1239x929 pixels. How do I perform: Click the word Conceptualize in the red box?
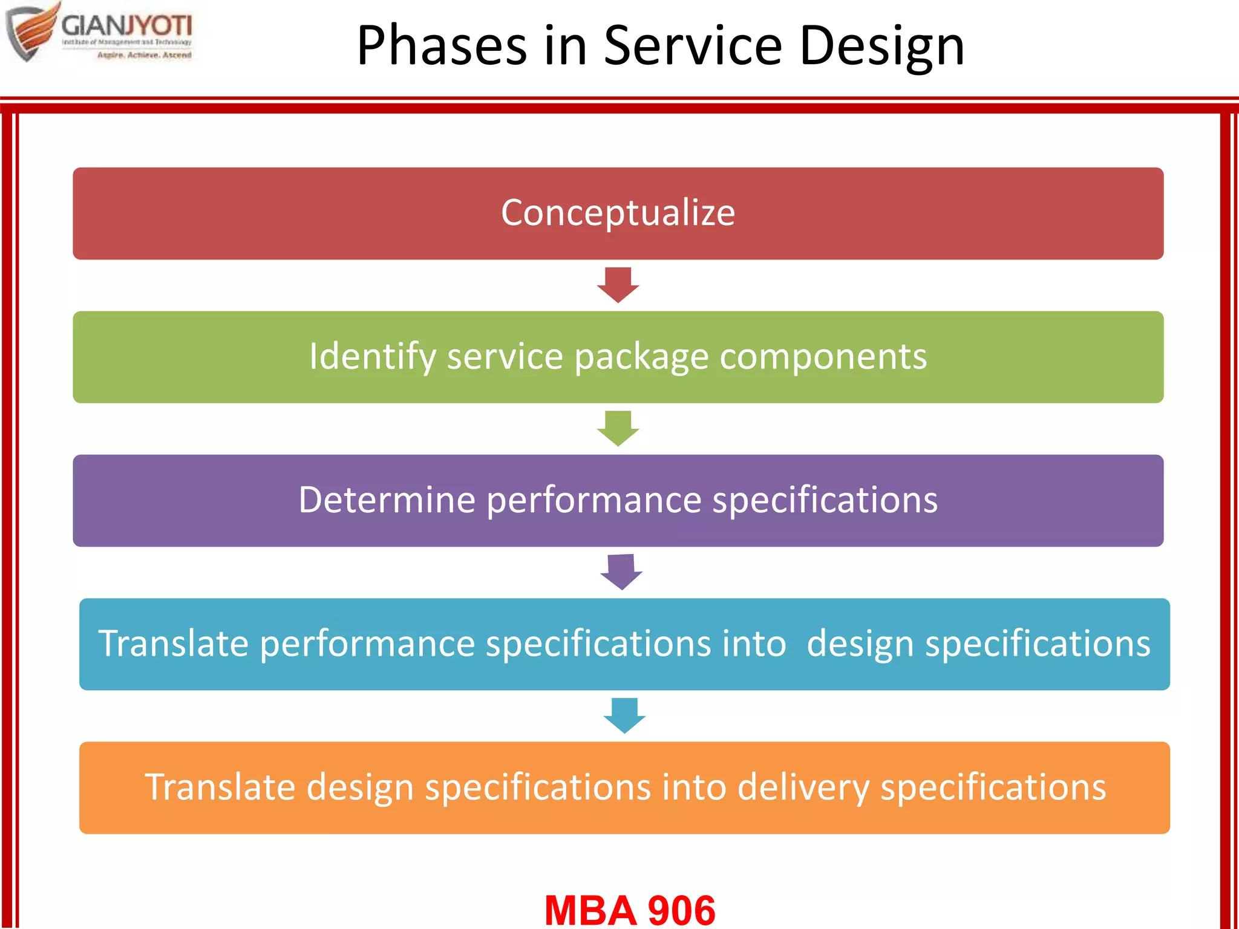tap(618, 213)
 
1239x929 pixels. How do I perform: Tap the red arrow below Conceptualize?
tap(618, 284)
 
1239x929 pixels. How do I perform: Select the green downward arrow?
tap(618, 428)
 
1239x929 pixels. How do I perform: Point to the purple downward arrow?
tap(621, 571)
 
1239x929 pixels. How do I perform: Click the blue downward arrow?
tap(624, 715)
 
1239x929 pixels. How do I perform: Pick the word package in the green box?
tap(641, 357)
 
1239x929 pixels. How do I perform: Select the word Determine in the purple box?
tap(387, 500)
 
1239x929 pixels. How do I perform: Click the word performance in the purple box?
tap(593, 501)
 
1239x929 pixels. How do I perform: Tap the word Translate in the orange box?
tap(220, 787)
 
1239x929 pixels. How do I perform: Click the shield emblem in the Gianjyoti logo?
tap(30, 33)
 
